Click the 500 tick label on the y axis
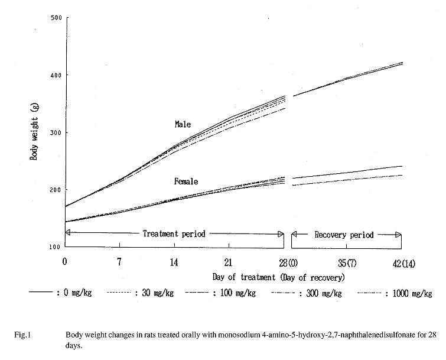click(56, 18)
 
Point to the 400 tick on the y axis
click(56, 75)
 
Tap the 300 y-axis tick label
click(56, 132)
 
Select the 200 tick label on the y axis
click(56, 190)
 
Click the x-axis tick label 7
click(120, 262)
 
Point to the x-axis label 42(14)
click(402, 262)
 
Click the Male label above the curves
click(183, 124)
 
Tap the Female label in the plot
click(185, 181)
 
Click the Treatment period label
click(174, 233)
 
